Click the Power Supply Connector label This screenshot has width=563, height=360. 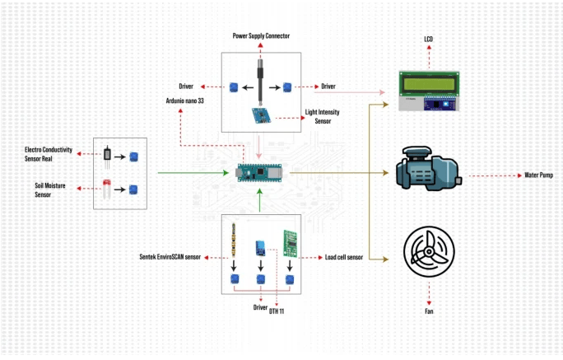coord(261,36)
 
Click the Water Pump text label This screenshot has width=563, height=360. coord(542,175)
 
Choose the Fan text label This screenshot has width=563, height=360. coord(430,312)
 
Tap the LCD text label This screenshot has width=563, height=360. coord(429,40)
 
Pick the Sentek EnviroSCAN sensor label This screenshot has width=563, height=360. coord(170,258)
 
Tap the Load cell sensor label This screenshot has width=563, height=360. coord(345,258)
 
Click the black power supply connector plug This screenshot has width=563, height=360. coord(261,78)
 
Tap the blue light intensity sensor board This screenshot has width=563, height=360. coord(260,116)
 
